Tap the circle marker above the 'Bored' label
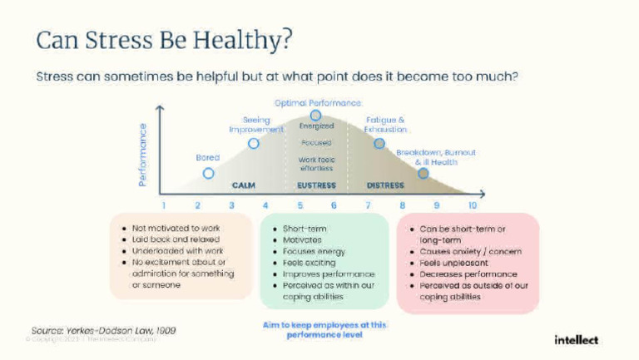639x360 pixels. [x=209, y=173]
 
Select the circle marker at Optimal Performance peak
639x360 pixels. [x=315, y=116]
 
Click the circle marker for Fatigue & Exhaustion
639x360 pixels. [x=379, y=143]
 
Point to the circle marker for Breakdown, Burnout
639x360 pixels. [x=423, y=173]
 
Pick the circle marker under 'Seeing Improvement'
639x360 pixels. [x=254, y=143]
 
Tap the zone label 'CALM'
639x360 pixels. [x=243, y=185]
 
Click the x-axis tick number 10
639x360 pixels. [x=473, y=205]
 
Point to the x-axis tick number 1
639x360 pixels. [x=164, y=205]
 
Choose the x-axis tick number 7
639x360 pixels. [x=369, y=205]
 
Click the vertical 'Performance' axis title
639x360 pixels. [x=143, y=155]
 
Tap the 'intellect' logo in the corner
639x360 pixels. [x=577, y=339]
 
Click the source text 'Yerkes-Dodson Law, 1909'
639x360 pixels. [x=103, y=330]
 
